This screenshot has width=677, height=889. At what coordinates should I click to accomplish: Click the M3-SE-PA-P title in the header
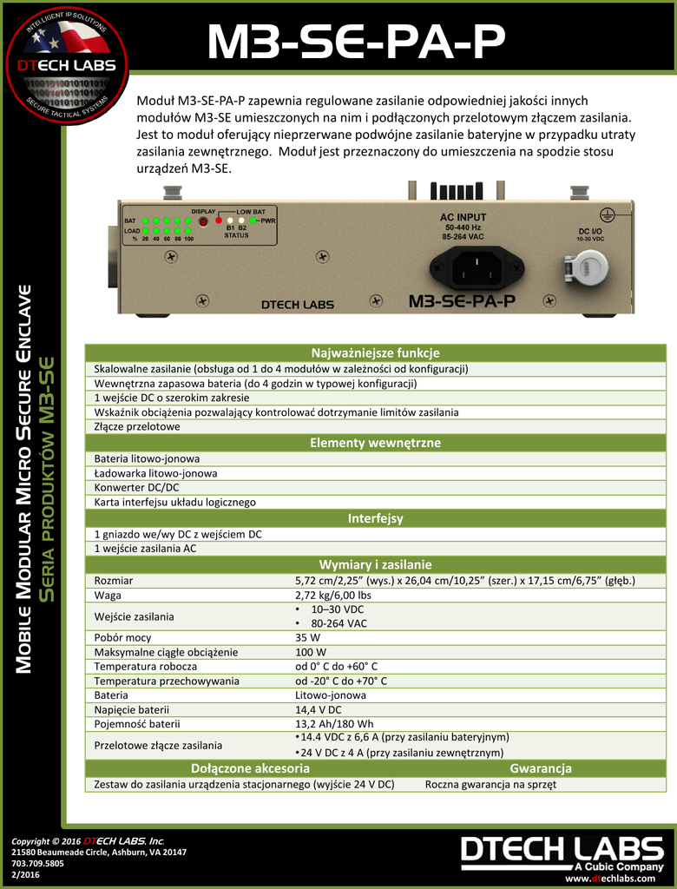(356, 43)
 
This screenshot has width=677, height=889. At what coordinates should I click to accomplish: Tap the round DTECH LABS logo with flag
(65, 65)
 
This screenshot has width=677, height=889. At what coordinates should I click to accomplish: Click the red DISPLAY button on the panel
(203, 221)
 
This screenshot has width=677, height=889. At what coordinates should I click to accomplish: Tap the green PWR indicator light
(254, 221)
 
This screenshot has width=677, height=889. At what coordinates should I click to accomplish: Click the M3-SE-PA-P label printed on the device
(462, 301)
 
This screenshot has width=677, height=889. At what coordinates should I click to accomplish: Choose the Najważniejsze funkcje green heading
(375, 352)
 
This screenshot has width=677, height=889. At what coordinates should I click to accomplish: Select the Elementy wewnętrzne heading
(375, 443)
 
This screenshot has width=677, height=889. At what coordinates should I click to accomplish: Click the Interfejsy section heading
(375, 518)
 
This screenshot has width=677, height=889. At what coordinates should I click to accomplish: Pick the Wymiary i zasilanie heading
(375, 564)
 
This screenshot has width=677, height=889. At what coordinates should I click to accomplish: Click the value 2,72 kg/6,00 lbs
(333, 596)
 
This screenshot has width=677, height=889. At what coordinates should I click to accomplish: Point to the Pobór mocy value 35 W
(308, 636)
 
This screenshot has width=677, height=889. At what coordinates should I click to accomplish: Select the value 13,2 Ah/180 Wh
(334, 723)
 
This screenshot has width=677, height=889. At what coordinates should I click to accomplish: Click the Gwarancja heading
(540, 768)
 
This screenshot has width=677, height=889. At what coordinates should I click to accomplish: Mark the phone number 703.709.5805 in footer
(39, 864)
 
